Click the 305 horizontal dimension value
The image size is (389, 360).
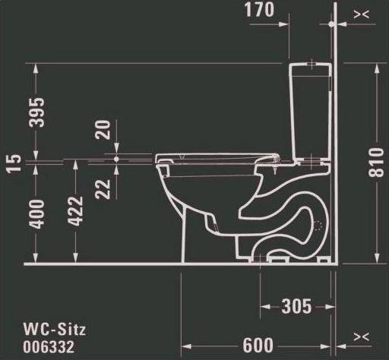pyautogui.click(x=296, y=306)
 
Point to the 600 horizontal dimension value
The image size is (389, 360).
pyautogui.click(x=258, y=343)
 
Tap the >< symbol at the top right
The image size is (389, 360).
pyautogui.click(x=362, y=14)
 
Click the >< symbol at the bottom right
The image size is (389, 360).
pyautogui.click(x=362, y=336)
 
